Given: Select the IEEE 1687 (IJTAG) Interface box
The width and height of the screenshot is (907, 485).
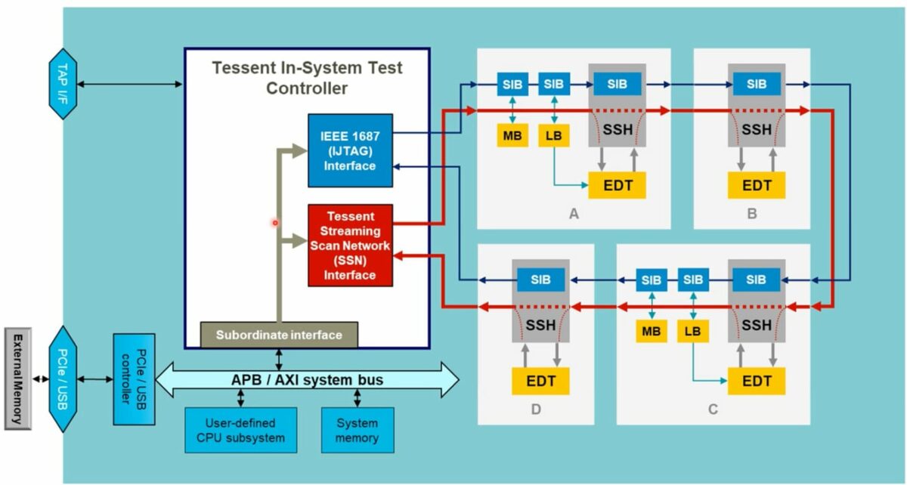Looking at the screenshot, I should click(350, 150).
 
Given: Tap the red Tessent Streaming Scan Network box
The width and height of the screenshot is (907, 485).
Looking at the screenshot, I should click(350, 246).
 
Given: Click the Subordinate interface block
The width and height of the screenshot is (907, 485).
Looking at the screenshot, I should click(279, 335).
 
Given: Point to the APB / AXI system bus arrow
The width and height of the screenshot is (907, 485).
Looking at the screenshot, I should click(306, 380).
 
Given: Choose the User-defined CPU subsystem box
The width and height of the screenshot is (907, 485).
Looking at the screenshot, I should click(240, 431).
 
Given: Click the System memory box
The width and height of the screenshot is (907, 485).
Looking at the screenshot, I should click(358, 431).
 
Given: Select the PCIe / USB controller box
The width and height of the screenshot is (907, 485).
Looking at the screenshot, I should click(133, 378).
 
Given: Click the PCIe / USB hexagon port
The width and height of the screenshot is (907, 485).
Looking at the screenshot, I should click(63, 378).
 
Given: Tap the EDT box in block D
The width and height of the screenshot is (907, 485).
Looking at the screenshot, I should click(540, 381).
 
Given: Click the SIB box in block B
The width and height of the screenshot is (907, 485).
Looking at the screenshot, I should click(756, 84).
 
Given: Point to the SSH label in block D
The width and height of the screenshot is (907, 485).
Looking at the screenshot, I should click(540, 326).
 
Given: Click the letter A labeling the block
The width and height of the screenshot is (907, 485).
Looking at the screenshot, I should click(574, 215).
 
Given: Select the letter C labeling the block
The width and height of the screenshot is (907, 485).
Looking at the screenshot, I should click(712, 410).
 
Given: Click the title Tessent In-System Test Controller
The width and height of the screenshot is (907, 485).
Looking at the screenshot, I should click(307, 78).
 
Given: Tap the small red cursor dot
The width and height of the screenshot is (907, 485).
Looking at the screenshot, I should click(275, 223).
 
